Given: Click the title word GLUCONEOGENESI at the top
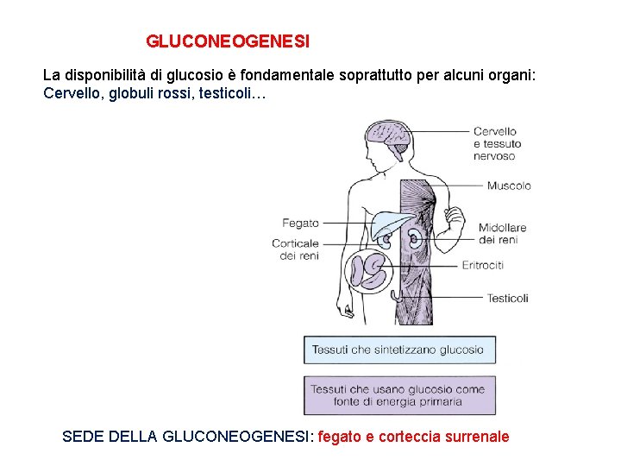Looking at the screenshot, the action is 228,41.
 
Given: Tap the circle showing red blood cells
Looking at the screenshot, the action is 370,268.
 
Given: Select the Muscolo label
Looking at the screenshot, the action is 508,186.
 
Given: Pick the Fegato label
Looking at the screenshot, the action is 300,223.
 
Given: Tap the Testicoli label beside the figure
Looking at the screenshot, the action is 507,298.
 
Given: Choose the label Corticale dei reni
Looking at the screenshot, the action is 295,249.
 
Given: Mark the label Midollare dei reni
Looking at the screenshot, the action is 502,233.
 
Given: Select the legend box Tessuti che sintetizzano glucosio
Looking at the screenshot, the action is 399,349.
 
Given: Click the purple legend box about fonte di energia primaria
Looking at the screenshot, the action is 399,395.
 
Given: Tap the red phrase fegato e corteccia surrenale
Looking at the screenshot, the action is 413,437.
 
